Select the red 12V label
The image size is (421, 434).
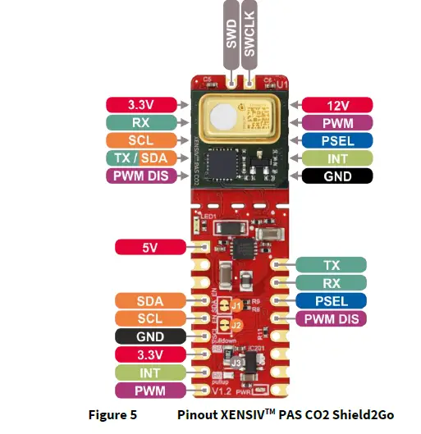(336, 105)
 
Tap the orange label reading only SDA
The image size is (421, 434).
(151, 301)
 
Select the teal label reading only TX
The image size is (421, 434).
(332, 264)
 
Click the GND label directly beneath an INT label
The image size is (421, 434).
(336, 176)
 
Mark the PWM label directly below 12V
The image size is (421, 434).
(336, 123)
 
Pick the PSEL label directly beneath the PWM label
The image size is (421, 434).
(336, 140)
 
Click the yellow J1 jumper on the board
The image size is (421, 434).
(236, 306)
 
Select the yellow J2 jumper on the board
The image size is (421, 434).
(236, 325)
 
